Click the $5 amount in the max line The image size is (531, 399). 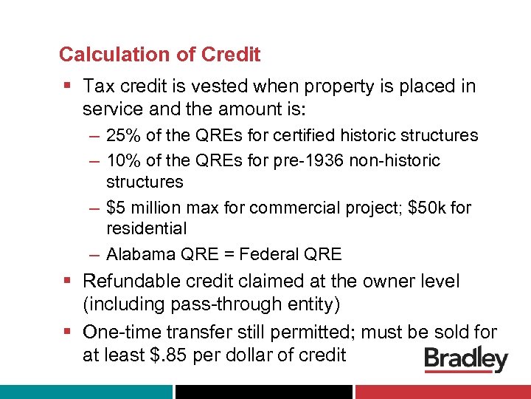tap(116, 208)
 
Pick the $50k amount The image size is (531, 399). tap(422, 208)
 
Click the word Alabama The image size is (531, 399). tap(142, 255)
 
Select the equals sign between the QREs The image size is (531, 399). tap(226, 255)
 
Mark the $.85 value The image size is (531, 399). tap(171, 355)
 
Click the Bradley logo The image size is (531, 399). tap(466, 360)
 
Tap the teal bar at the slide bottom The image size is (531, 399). tap(86, 392)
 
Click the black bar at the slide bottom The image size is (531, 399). tap(263, 392)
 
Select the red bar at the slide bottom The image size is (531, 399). tap(442, 392)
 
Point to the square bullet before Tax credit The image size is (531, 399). tap(67, 87)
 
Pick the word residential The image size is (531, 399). tap(146, 228)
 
